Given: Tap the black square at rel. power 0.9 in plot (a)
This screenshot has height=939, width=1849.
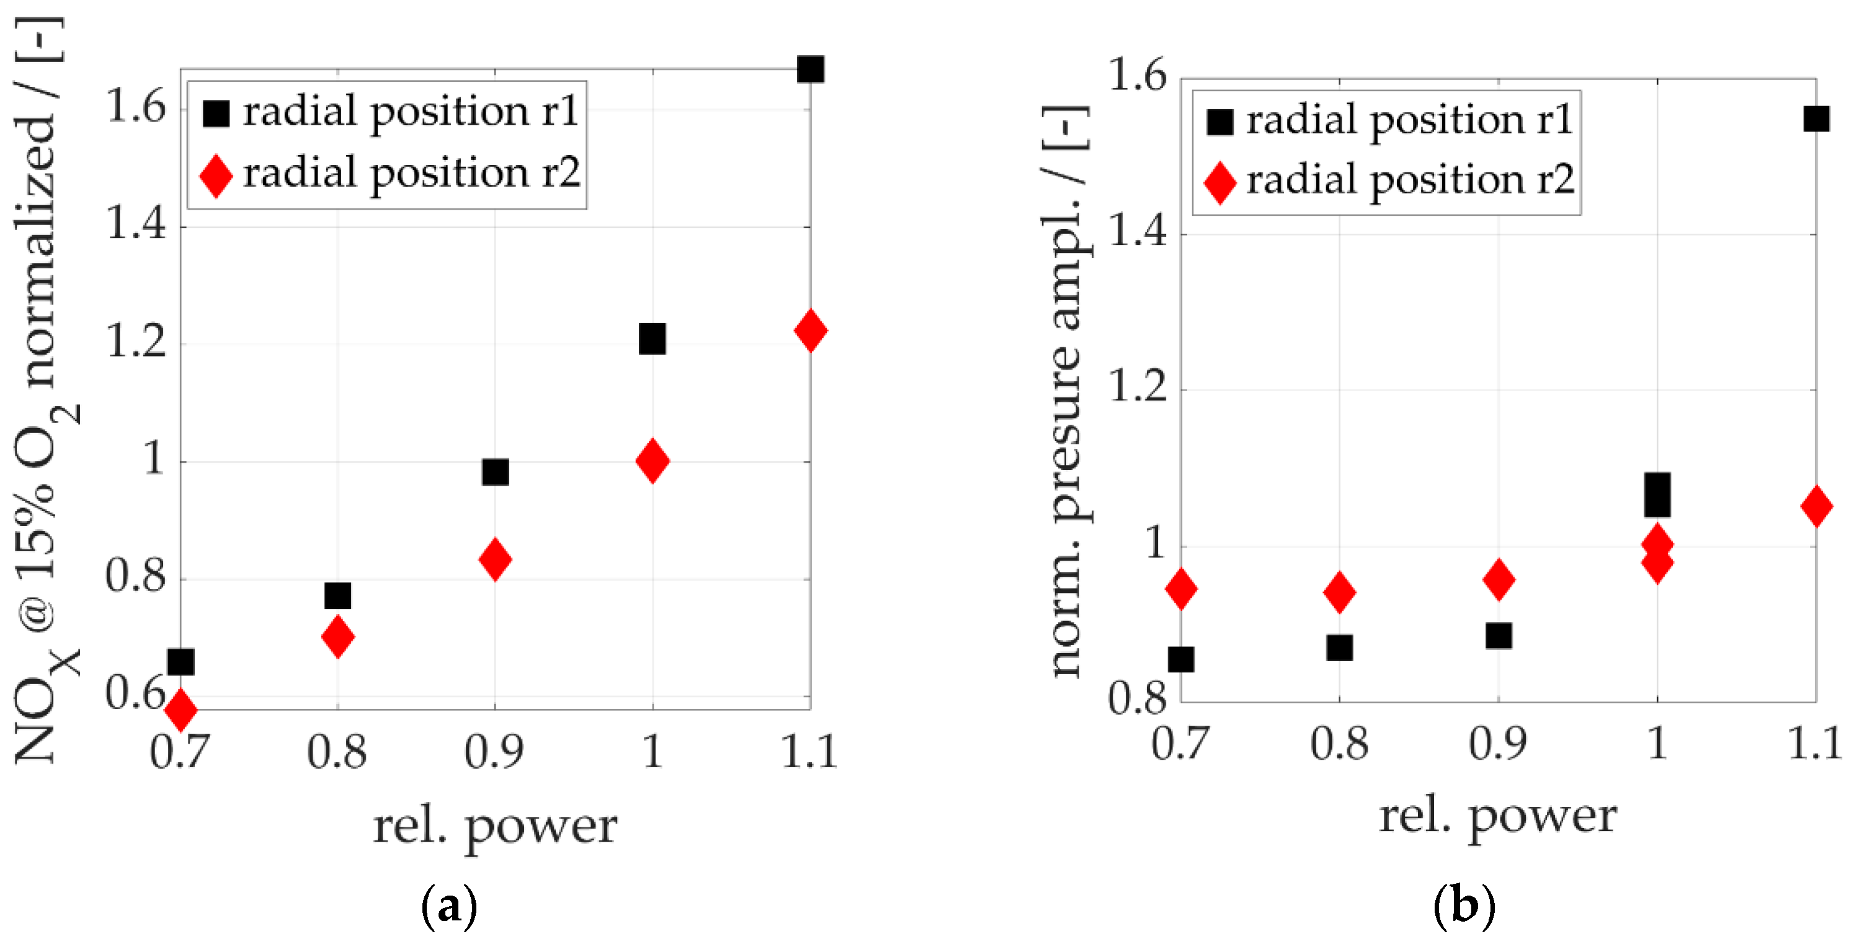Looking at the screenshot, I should click(x=495, y=473).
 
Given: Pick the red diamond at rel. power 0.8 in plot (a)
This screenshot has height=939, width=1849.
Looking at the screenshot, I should click(x=338, y=636).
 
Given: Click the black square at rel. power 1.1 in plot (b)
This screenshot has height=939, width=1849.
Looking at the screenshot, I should click(x=1816, y=118).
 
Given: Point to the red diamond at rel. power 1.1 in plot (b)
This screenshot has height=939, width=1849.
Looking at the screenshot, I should click(x=1816, y=506).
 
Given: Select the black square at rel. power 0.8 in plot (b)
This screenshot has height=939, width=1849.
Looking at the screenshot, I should click(x=1339, y=648).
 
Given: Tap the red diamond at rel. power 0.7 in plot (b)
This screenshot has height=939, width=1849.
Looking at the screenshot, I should click(x=1182, y=589).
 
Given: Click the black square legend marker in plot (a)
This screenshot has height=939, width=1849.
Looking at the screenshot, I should click(x=216, y=113).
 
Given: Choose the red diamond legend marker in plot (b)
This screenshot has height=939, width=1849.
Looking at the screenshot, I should click(x=1219, y=182).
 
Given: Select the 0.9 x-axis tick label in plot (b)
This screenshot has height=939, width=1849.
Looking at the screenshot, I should click(x=1497, y=744).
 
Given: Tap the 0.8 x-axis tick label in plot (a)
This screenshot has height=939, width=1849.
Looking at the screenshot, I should click(x=337, y=752).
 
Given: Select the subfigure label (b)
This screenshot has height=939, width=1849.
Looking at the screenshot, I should click(x=1464, y=907).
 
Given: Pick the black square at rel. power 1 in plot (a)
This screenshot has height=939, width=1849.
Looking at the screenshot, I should click(x=652, y=339).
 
